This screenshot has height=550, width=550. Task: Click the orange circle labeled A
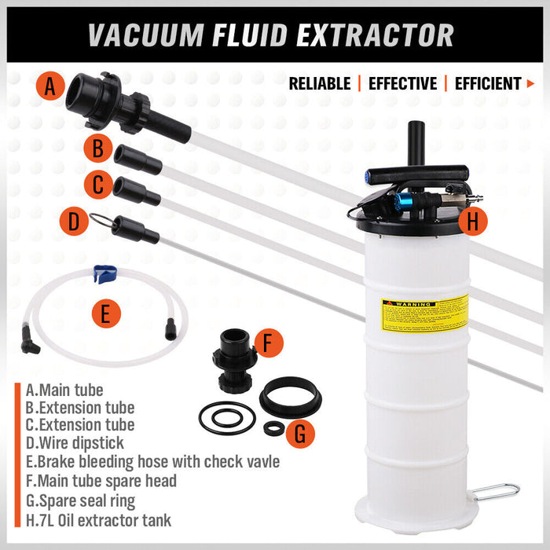click(x=50, y=87)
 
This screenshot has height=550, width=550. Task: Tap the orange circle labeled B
click(x=97, y=148)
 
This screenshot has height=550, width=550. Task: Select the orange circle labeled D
click(x=73, y=221)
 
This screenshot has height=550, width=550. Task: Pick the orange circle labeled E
click(x=105, y=313)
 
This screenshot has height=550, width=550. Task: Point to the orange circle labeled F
click(x=269, y=343)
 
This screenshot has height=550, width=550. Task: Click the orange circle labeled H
click(x=471, y=222)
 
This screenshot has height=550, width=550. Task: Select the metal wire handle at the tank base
click(x=497, y=492)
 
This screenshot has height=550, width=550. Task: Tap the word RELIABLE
click(x=320, y=83)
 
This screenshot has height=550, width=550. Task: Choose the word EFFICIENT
click(x=488, y=83)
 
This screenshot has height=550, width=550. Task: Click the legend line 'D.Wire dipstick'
click(x=75, y=444)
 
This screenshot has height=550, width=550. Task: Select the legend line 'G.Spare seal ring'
click(x=80, y=500)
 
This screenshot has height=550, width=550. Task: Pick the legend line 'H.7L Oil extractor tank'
click(x=98, y=519)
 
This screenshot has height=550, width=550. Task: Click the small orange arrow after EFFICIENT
click(x=530, y=83)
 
